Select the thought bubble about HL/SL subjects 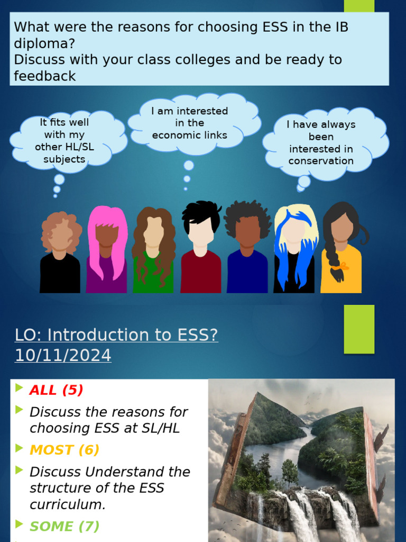click(64, 140)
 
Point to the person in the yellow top click(341, 251)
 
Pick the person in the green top click(153, 251)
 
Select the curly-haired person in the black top click(60, 254)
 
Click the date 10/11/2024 click(63, 356)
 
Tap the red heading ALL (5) click(57, 390)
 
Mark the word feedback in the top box click(45, 76)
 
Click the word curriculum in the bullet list click(67, 504)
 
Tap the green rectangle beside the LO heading click(359, 329)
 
